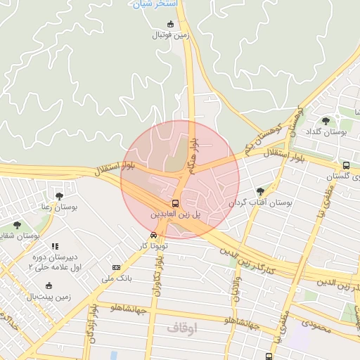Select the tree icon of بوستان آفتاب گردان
coord(261,191)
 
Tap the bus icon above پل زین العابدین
coord(175,199)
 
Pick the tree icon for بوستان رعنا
coord(58,196)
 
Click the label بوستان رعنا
coord(58,208)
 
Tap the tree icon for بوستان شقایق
coord(17,225)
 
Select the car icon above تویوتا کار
coord(153,236)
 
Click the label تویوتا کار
coord(154,246)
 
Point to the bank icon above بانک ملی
coord(116,267)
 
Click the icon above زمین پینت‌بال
coord(49,285)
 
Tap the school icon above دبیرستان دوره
coord(54,246)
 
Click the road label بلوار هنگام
coord(191,156)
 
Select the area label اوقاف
coord(182,328)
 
